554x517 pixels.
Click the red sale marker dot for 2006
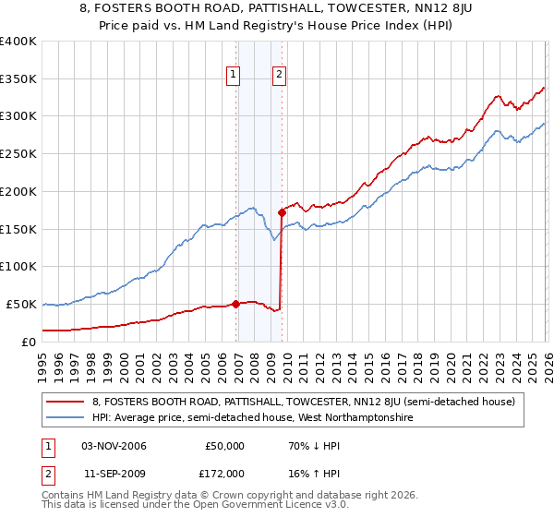pyautogui.click(x=235, y=303)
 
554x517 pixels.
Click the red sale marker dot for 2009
pyautogui.click(x=282, y=212)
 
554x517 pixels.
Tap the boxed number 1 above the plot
pyautogui.click(x=233, y=77)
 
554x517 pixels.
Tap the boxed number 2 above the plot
pyautogui.click(x=279, y=77)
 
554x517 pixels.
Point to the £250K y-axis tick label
pyautogui.click(x=18, y=154)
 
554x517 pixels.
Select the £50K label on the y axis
pyautogui.click(x=22, y=304)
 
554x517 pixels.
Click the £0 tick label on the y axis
pyautogui.click(x=29, y=342)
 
